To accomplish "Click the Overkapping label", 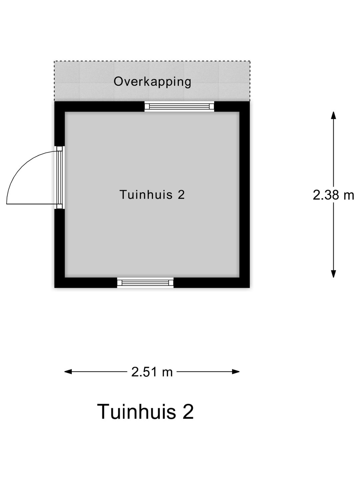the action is pyautogui.click(x=152, y=82).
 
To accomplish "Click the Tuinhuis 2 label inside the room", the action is pyautogui.click(x=152, y=194).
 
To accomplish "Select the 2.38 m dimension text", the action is pyautogui.click(x=333, y=195).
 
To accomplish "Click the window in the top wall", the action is pyautogui.click(x=179, y=106).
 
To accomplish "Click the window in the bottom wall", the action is pyautogui.click(x=145, y=283).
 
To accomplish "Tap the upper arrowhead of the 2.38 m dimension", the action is pyautogui.click(x=333, y=115).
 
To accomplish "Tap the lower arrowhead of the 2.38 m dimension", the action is pyautogui.click(x=333, y=274).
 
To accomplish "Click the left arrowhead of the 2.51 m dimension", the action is pyautogui.click(x=68, y=372).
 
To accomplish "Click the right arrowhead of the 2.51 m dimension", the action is pyautogui.click(x=236, y=372).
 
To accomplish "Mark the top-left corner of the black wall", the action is pyautogui.click(x=54, y=101).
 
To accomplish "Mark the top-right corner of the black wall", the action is pyautogui.click(x=250, y=101).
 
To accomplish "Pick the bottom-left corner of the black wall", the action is pyautogui.click(x=54, y=288).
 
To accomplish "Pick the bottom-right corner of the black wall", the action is pyautogui.click(x=250, y=288).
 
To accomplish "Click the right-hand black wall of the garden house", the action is pyautogui.click(x=245, y=195).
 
